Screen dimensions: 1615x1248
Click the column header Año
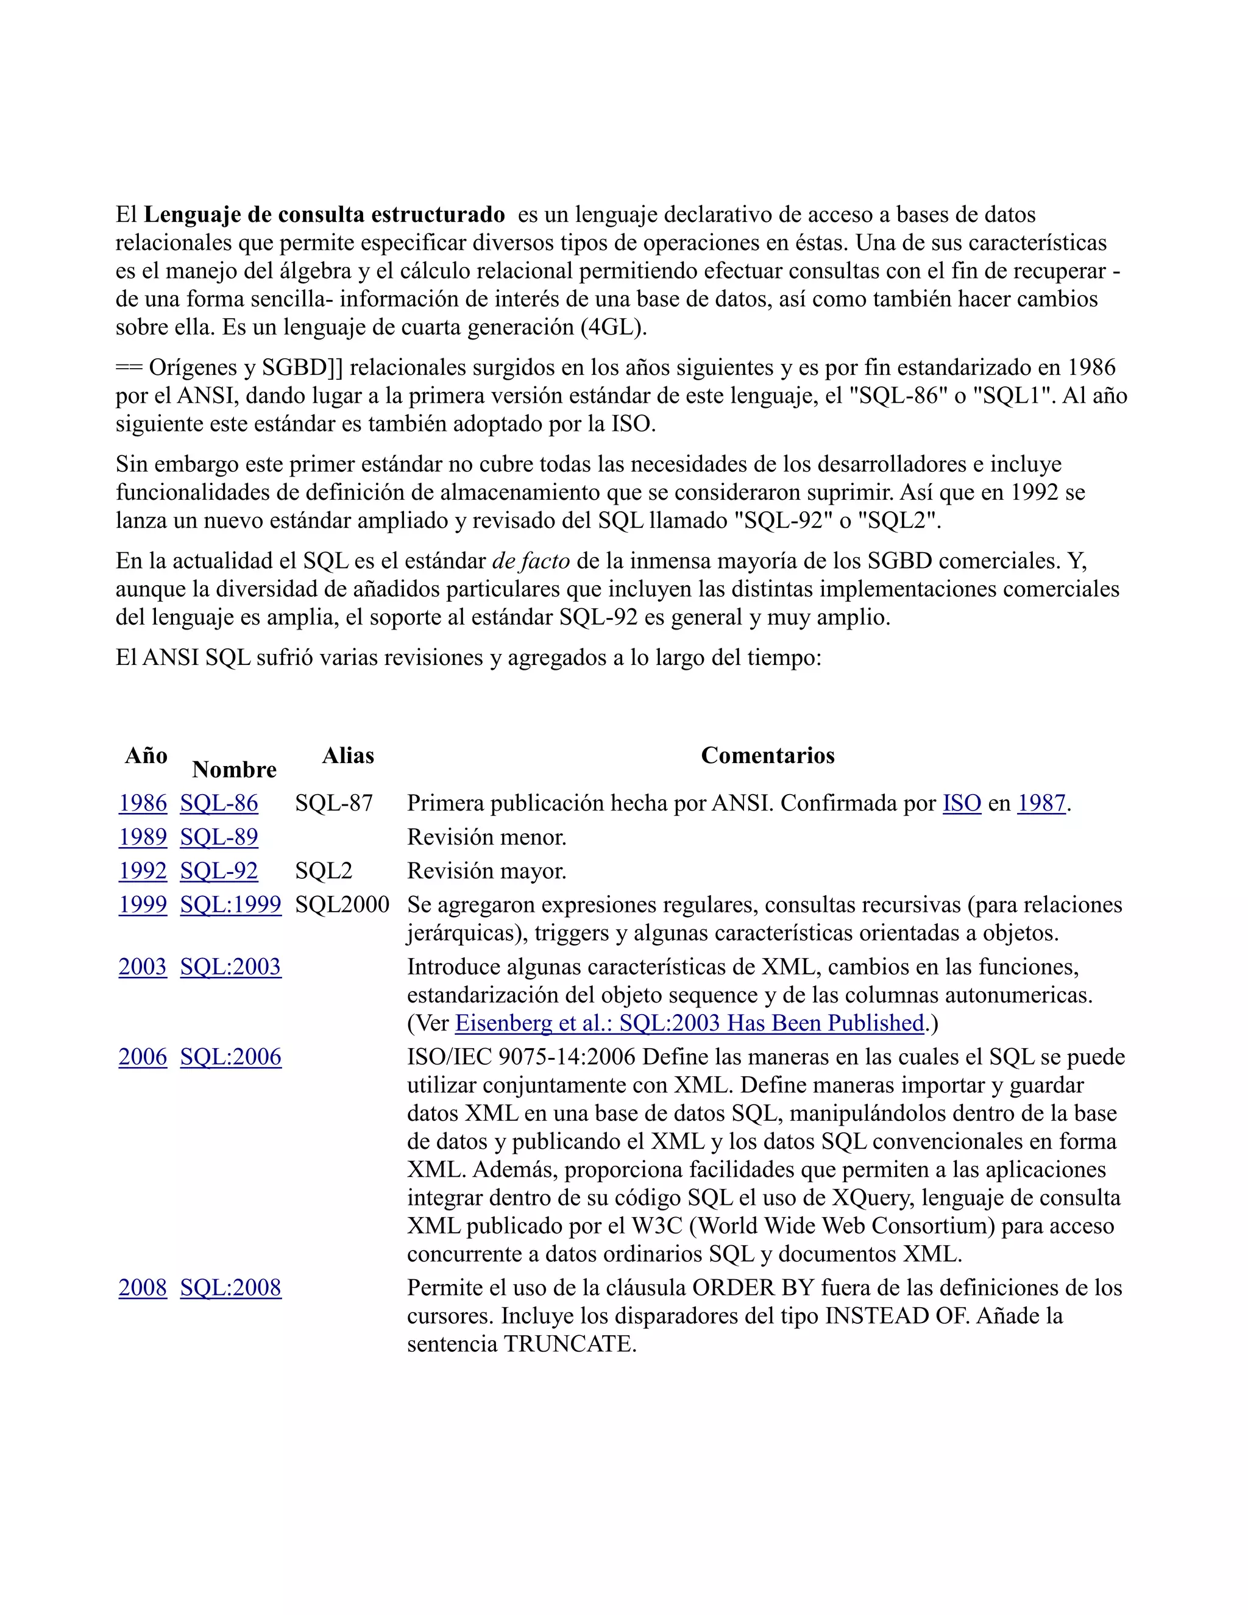pyautogui.click(x=146, y=755)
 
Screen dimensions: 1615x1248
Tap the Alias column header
pyautogui.click(x=347, y=755)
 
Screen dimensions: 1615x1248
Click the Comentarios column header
pyautogui.click(x=767, y=755)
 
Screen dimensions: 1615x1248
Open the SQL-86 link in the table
pyautogui.click(x=219, y=803)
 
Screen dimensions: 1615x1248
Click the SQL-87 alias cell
pyautogui.click(x=333, y=803)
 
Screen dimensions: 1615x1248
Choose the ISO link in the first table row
pyautogui.click(x=961, y=803)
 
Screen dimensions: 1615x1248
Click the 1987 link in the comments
pyautogui.click(x=1041, y=803)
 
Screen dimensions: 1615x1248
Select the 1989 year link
pyautogui.click(x=143, y=837)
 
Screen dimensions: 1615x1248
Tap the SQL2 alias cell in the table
pyautogui.click(x=323, y=871)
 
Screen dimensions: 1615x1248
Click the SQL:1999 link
pyautogui.click(x=230, y=904)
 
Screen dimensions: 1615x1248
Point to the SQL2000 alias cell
pyautogui.click(x=342, y=904)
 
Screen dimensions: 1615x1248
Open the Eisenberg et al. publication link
pyautogui.click(x=689, y=1023)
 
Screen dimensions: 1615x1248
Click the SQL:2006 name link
pyautogui.click(x=230, y=1057)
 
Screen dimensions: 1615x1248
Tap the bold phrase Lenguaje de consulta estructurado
pyautogui.click(x=324, y=215)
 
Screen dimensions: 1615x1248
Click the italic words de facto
pyautogui.click(x=531, y=561)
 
